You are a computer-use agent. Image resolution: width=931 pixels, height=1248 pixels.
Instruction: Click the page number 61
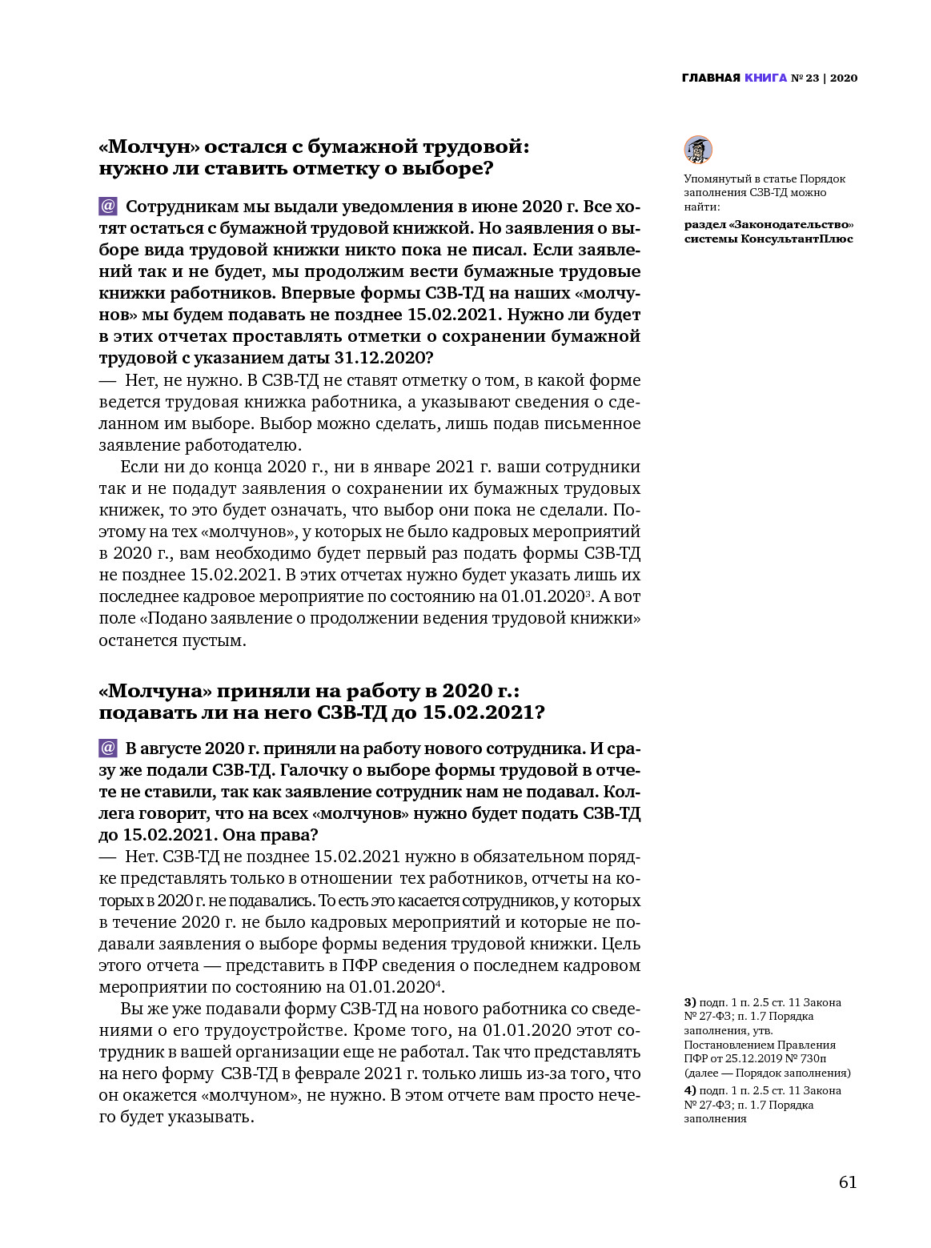click(x=848, y=1182)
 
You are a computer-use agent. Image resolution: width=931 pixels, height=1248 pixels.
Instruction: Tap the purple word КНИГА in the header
click(x=765, y=78)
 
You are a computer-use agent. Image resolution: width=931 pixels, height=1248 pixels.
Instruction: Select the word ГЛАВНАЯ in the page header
click(x=711, y=78)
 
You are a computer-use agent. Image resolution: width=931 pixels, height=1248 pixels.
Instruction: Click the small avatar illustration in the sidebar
click(x=698, y=150)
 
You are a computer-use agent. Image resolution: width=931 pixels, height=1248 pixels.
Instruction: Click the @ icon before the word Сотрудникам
click(x=108, y=207)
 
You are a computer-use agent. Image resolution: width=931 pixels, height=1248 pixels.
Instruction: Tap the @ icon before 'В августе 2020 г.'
click(x=108, y=748)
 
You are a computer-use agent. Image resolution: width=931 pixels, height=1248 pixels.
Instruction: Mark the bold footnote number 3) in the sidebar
click(x=690, y=1002)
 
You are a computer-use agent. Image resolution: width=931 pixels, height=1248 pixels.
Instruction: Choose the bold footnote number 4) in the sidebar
click(x=690, y=1090)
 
